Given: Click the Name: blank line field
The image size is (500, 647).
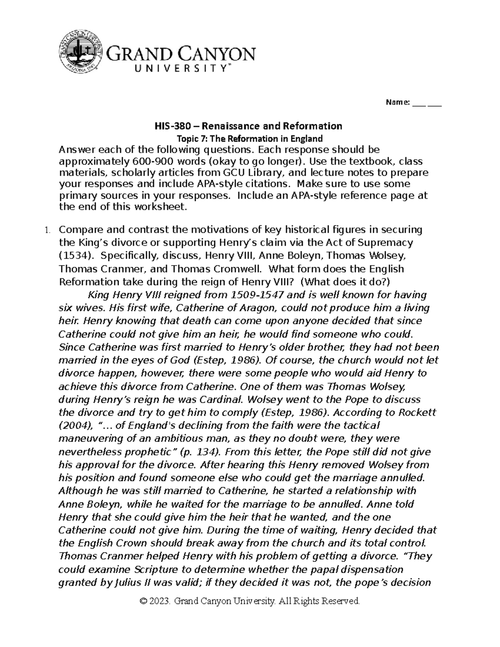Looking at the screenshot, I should click(427, 102).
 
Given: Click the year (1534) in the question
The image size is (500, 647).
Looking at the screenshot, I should click(74, 255).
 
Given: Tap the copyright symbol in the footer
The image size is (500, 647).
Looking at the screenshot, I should click(144, 601).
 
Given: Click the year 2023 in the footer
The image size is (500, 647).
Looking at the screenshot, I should click(160, 601).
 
